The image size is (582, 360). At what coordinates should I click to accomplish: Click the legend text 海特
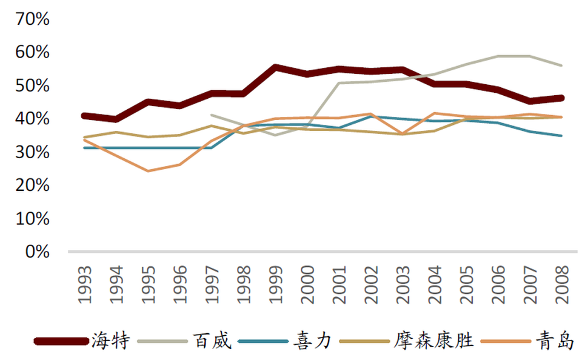pyautogui.click(x=110, y=341)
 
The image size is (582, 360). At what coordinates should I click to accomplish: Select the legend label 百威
pyautogui.click(x=212, y=341)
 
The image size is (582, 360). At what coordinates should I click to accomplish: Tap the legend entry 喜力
pyautogui.click(x=313, y=341)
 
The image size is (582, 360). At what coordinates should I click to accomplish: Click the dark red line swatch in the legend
pyautogui.click(x=61, y=341)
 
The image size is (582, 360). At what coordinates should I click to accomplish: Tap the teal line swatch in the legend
pyautogui.click(x=263, y=341)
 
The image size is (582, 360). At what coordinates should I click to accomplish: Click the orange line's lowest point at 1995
pyautogui.click(x=147, y=171)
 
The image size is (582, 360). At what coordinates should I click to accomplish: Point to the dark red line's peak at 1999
pyautogui.click(x=275, y=67)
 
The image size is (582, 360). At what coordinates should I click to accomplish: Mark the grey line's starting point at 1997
pyautogui.click(x=211, y=115)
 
